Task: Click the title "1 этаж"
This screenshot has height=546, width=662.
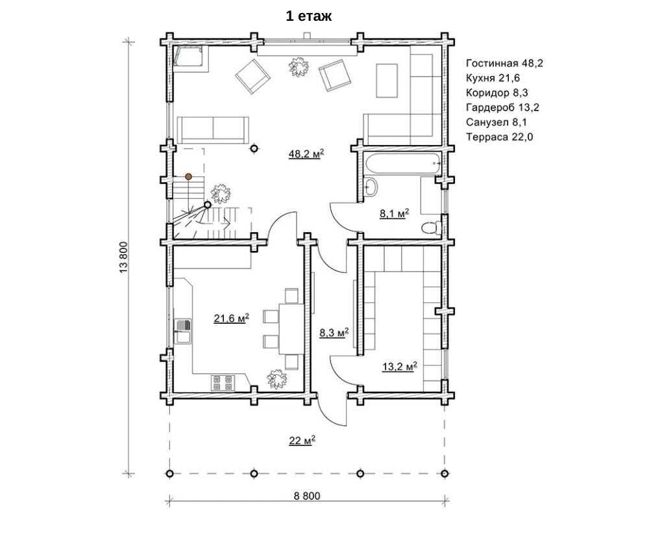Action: click(309, 16)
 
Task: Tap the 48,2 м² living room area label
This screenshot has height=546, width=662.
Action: click(306, 153)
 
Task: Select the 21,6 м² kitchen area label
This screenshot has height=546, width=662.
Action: click(231, 318)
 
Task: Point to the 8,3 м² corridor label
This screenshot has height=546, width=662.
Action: click(334, 332)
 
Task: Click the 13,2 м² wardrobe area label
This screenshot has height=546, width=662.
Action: click(399, 366)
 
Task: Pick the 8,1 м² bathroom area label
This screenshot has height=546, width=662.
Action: click(395, 214)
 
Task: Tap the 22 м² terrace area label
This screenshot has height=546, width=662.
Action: click(302, 440)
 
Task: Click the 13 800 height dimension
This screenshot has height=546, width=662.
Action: click(124, 257)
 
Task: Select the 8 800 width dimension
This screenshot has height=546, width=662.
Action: click(307, 496)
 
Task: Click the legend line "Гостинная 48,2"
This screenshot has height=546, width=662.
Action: click(504, 64)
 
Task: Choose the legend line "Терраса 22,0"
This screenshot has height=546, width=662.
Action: click(500, 137)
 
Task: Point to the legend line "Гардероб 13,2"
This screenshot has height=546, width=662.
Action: click(502, 107)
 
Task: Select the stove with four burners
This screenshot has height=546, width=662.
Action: click(223, 382)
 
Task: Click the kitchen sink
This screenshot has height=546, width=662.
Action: click(183, 331)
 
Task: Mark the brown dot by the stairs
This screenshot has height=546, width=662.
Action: click(188, 176)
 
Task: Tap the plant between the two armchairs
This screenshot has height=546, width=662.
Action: click(298, 66)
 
